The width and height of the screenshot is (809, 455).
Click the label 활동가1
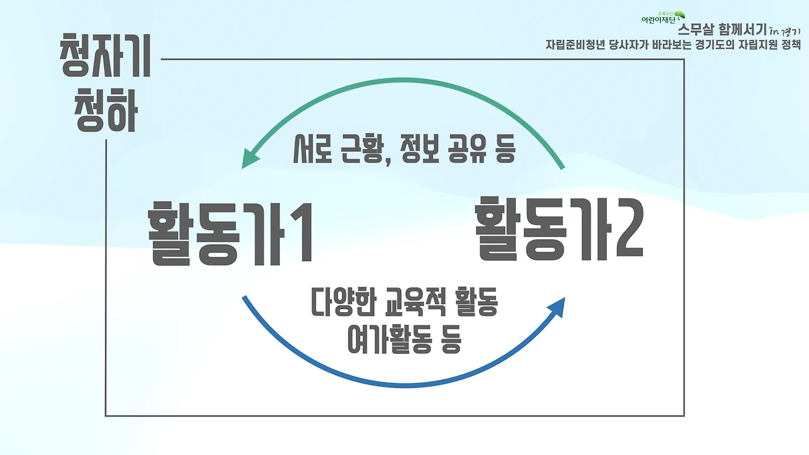[230, 232]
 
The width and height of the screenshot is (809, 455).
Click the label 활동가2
[559, 229]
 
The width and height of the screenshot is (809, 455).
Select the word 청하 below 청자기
[106, 112]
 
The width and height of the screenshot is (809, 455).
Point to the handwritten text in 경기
[785, 30]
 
